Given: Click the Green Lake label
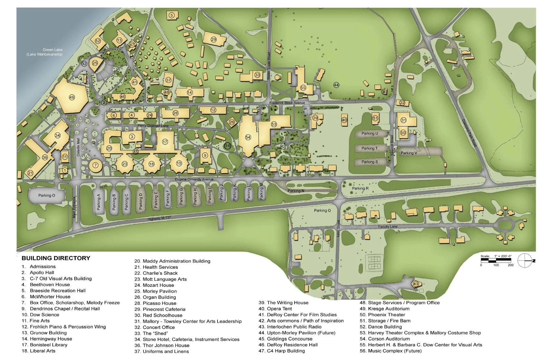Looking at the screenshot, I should coord(52,50).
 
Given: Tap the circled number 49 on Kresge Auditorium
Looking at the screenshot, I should coord(72,97).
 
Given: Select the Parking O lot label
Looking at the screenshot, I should coord(46,195).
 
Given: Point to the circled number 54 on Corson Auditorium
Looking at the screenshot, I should coord(248,137).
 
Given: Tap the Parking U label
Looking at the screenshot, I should coord(370,134).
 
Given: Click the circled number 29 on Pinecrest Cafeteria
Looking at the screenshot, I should coord(214,39).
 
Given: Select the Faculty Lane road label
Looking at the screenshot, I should coord(388,227).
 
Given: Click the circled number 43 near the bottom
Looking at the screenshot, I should coord(416,284).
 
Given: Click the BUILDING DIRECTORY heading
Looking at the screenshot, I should coord(56,258).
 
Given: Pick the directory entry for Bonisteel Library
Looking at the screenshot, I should coord(48,345).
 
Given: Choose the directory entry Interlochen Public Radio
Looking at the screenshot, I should coord(294,327).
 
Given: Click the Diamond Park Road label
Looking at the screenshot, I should coord(469,133).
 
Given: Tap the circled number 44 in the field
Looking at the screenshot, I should coord(336,85).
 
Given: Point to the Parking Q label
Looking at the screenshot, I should coord(322,211).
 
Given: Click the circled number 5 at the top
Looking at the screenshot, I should coord(172,15).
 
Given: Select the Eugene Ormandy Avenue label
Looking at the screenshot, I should coord(194,179).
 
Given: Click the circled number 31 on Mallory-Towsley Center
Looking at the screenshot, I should coord(404,120).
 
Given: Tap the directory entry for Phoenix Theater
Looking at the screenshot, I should coord(386,315).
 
